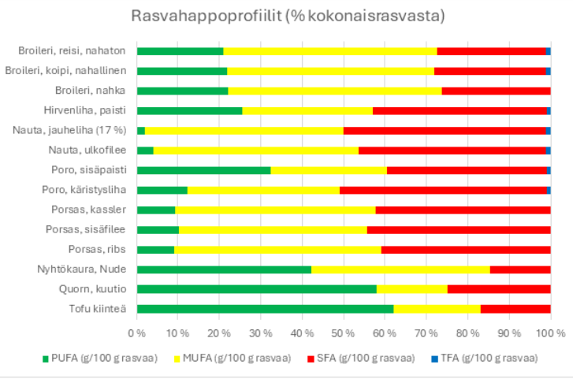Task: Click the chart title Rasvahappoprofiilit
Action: (286, 17)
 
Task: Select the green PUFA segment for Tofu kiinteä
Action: (265, 309)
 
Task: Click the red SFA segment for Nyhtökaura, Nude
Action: (520, 269)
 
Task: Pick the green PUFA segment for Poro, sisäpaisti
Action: (203, 170)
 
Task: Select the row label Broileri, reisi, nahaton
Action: (72, 51)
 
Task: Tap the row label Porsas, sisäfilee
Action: (86, 229)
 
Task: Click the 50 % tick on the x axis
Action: (344, 333)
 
